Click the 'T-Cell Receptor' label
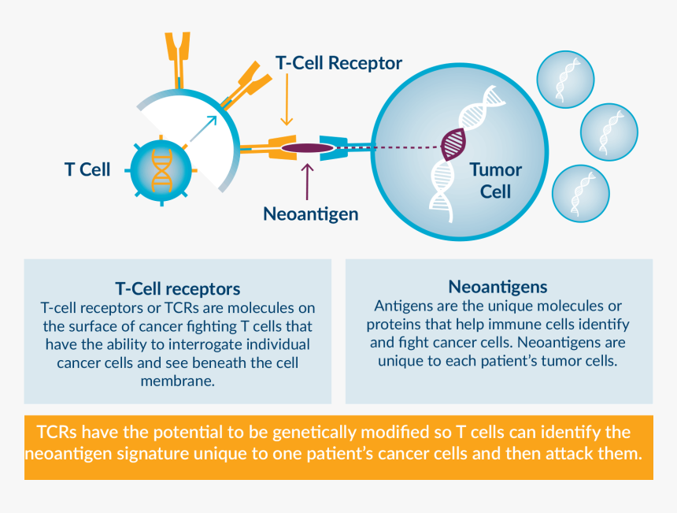point(338,63)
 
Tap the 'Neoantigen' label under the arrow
point(310,214)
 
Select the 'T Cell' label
point(87,169)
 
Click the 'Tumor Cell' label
point(495,180)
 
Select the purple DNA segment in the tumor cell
point(453,143)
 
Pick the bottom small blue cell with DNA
point(581,193)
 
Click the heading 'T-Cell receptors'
point(178,288)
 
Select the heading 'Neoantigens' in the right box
point(498,286)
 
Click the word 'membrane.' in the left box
point(178,381)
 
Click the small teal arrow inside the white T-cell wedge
point(203,129)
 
